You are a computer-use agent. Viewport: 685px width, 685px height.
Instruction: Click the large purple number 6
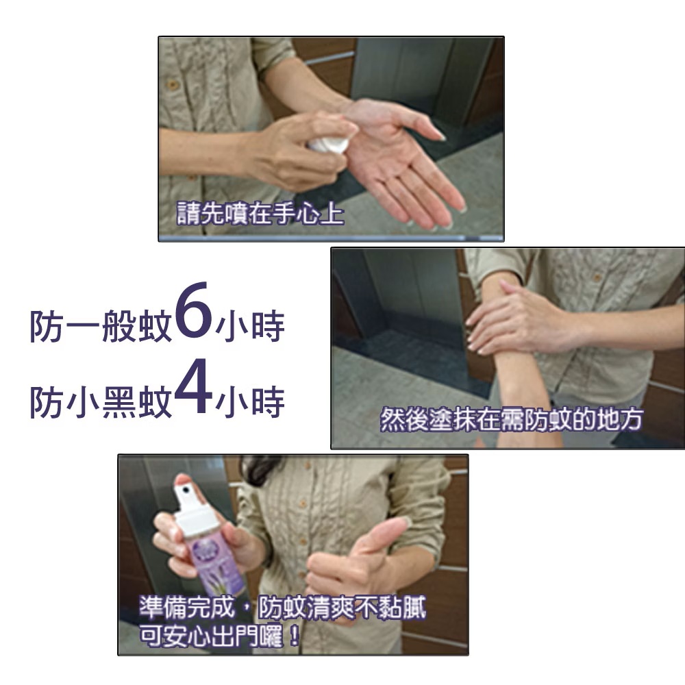click(193, 310)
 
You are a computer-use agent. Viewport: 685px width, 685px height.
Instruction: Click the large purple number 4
click(193, 386)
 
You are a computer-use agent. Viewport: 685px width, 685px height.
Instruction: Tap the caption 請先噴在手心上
click(260, 214)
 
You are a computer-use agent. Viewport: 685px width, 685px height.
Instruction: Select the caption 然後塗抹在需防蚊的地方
click(511, 419)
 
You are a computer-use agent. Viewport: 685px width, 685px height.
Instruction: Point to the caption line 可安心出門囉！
click(220, 636)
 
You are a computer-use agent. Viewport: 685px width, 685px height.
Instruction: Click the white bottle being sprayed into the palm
click(327, 145)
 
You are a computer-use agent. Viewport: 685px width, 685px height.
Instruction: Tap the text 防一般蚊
click(101, 326)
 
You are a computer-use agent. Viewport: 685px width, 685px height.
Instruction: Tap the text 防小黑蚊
click(101, 402)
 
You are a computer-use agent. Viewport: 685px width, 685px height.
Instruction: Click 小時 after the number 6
click(250, 326)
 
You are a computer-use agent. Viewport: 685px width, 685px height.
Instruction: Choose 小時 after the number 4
click(250, 402)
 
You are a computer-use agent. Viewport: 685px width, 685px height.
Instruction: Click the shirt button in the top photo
click(173, 85)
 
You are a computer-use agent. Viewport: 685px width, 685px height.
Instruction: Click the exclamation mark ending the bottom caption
click(295, 636)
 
